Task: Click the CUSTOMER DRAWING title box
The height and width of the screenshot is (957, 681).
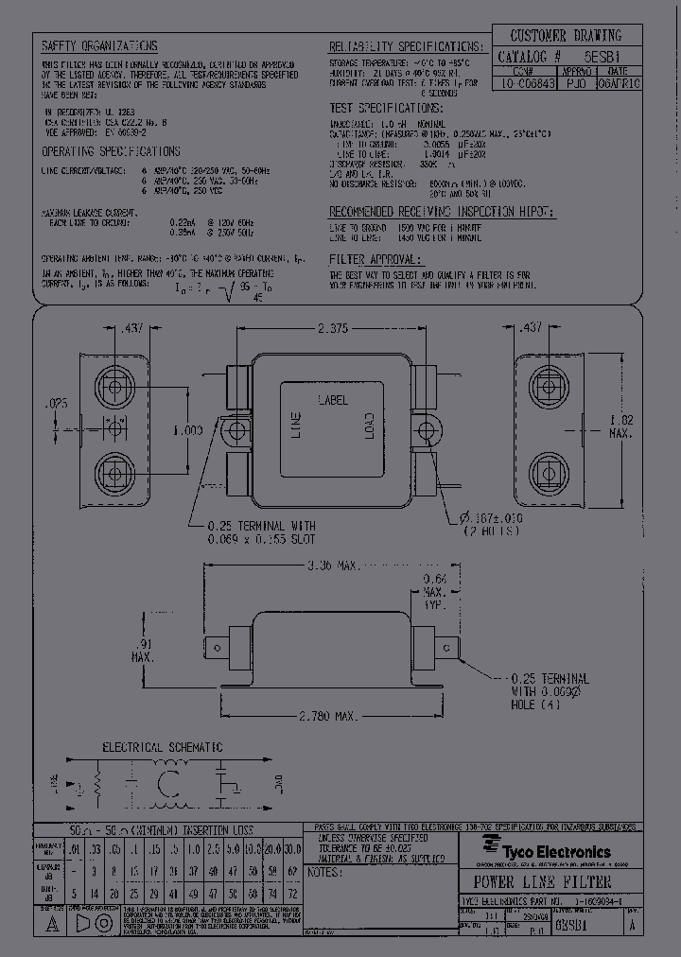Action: coord(567,36)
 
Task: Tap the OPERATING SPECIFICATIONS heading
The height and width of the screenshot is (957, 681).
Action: coord(111,151)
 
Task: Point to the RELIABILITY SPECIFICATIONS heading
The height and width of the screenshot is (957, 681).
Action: coord(404,47)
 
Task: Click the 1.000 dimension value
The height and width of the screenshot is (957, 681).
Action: coord(188,430)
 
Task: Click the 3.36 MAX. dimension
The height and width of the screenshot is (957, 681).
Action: coord(332,565)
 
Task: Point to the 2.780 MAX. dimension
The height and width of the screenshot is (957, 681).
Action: coord(327,717)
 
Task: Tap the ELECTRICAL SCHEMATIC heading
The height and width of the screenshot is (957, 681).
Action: coord(162,746)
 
